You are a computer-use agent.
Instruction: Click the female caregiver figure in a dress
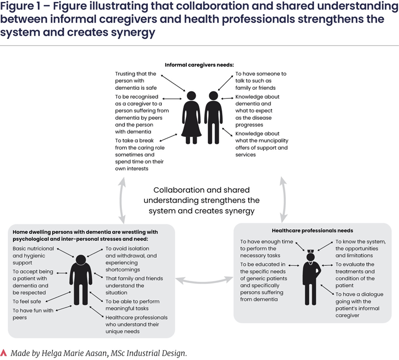point(192,118)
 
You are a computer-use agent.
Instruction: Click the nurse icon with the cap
point(311,277)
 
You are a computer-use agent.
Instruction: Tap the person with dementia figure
point(81,280)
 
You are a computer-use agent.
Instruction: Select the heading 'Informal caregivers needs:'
point(199,65)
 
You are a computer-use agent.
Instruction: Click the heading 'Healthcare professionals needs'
point(313,230)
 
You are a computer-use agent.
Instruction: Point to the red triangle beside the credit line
point(3,353)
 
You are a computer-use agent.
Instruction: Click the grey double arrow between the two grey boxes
point(204,280)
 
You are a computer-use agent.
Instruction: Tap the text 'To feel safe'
point(27,301)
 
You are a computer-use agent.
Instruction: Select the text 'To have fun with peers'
point(33,314)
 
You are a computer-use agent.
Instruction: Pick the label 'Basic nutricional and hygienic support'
point(33,256)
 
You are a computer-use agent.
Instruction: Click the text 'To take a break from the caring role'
point(140,144)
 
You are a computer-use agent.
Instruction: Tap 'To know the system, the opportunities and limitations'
point(361,249)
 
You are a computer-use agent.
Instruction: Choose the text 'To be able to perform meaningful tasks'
point(133,305)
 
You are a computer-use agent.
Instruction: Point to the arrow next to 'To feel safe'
point(58,297)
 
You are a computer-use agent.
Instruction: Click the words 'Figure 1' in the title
point(20,6)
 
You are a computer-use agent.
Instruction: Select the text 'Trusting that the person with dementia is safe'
point(136,81)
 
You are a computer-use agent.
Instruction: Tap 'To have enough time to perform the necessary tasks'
point(266,249)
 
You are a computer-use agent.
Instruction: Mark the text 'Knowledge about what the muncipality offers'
point(262,141)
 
